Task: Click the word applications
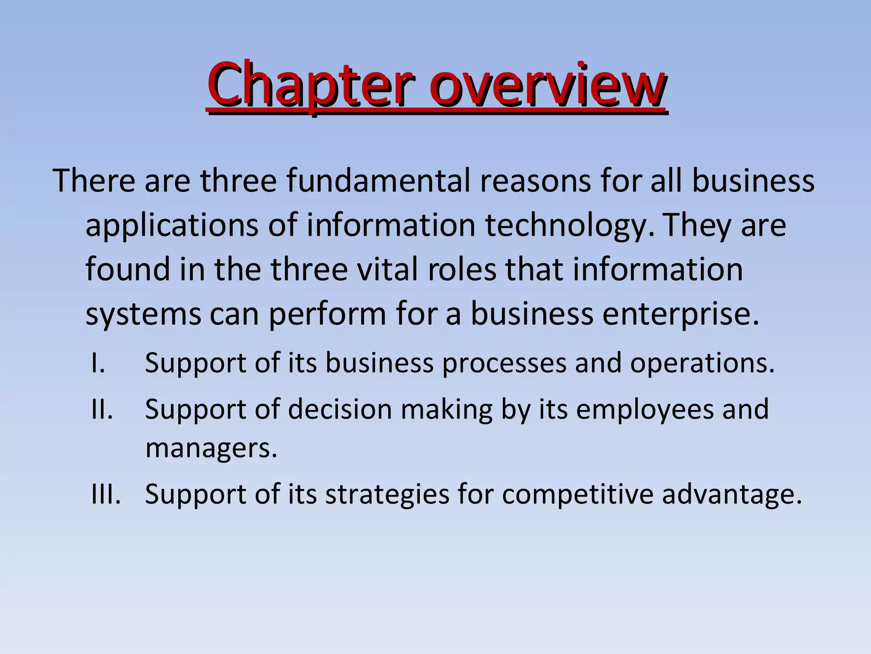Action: click(172, 226)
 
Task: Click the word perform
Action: click(327, 316)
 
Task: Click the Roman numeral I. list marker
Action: click(98, 363)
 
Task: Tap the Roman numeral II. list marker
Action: click(102, 410)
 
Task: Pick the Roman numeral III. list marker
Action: click(106, 495)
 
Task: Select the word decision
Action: click(340, 410)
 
